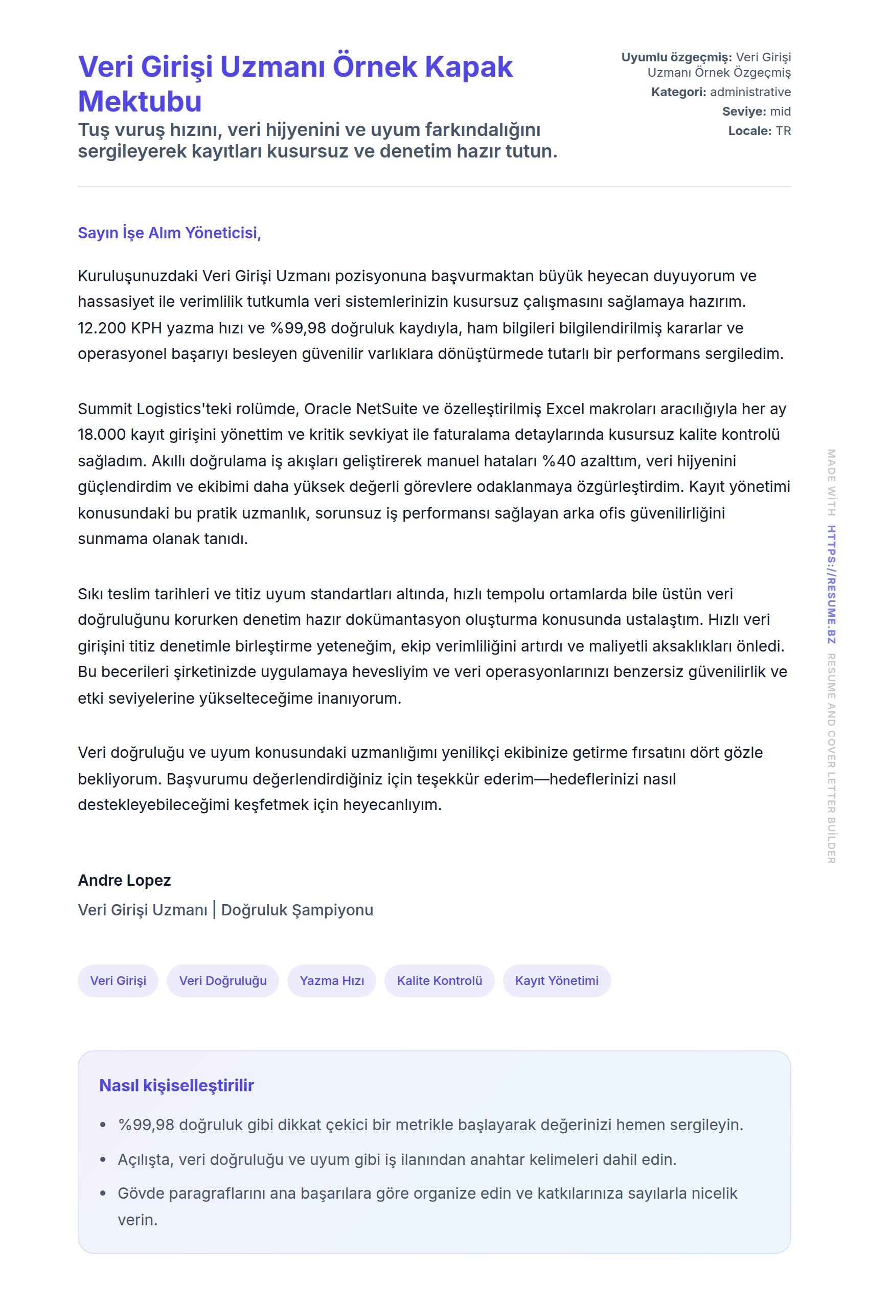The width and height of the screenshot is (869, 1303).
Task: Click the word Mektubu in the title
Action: [x=140, y=101]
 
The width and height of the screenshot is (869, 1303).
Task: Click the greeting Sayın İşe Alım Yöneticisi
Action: [x=169, y=233]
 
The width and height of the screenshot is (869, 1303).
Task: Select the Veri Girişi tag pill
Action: [x=118, y=980]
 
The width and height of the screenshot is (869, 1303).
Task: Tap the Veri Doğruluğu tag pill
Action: [x=223, y=980]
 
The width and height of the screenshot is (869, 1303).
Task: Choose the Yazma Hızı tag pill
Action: [x=332, y=980]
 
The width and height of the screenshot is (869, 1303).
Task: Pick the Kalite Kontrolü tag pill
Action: [x=440, y=980]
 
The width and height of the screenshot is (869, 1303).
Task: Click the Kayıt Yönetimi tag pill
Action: [x=557, y=980]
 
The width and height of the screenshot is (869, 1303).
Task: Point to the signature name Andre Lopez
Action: [x=124, y=880]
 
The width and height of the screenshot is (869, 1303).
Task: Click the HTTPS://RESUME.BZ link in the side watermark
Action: [x=831, y=585]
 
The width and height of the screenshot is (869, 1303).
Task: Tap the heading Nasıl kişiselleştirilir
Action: [x=176, y=1085]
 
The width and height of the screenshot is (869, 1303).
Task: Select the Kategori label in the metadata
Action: [x=678, y=92]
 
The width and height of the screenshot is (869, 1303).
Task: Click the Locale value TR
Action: [x=783, y=131]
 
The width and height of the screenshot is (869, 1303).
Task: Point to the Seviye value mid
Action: [x=781, y=111]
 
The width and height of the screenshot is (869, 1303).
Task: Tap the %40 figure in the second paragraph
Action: [x=559, y=461]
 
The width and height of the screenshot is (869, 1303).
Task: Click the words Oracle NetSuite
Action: [x=360, y=409]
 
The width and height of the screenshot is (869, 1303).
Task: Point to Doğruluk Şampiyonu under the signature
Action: [x=297, y=910]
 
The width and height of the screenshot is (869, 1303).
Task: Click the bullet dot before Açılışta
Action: [x=103, y=1159]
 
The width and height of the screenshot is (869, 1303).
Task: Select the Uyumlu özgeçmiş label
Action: [x=676, y=57]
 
